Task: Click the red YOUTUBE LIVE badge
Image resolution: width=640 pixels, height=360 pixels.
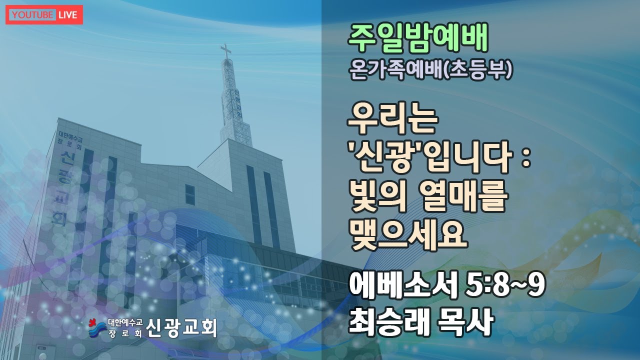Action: click(44, 15)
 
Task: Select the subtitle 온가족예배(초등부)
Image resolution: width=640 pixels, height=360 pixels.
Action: click(431, 71)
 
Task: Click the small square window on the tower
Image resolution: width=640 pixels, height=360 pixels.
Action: click(190, 194)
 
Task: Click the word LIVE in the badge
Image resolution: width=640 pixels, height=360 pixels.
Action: click(67, 15)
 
